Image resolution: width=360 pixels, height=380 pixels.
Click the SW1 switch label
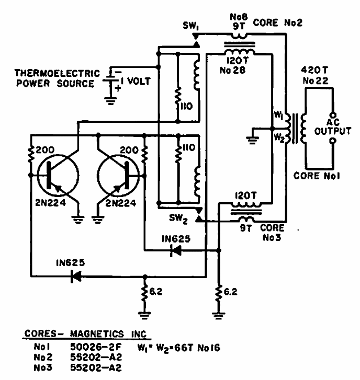[191, 26]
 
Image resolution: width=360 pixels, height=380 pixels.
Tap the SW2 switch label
[178, 219]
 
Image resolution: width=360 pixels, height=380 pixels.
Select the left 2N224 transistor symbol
[58, 175]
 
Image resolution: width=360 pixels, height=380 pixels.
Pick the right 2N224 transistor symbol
[118, 175]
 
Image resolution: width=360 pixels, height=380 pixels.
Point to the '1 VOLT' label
[136, 81]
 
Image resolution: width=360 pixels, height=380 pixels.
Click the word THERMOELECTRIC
[57, 73]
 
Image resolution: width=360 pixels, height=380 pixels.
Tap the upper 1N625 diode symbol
[176, 250]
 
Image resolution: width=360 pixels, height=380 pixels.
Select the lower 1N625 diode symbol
[76, 277]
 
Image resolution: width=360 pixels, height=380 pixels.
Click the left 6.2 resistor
[145, 293]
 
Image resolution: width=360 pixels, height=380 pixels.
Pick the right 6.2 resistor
[219, 293]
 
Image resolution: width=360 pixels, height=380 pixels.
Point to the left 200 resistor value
[45, 150]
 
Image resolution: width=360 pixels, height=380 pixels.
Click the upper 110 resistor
[178, 97]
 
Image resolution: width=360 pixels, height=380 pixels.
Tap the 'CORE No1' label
[317, 176]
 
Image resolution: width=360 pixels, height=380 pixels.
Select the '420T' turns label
[314, 70]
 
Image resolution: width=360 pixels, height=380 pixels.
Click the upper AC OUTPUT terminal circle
[333, 115]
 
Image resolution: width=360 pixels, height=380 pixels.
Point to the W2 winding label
[279, 137]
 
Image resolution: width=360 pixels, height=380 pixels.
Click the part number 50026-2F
[96, 347]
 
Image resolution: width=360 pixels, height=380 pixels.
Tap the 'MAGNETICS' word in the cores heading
[97, 334]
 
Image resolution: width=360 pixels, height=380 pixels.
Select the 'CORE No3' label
[272, 233]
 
